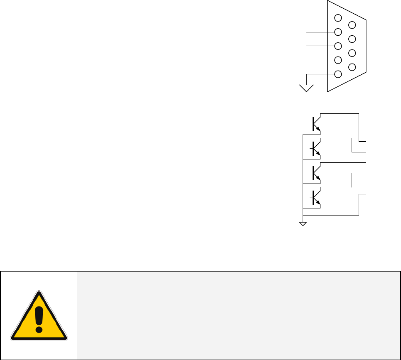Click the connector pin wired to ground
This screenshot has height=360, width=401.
coord(338,74)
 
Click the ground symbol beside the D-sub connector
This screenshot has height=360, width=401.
coord(306,88)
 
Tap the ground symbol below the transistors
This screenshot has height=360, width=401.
coord(303,224)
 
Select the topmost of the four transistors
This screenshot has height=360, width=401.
coord(315,124)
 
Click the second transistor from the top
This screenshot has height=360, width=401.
coord(315,148)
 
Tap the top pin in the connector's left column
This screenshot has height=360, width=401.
coord(338,18)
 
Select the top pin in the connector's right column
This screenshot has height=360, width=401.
coord(352,25)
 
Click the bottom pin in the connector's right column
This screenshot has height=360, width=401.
coord(352,67)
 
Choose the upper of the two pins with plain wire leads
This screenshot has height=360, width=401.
coord(338,32)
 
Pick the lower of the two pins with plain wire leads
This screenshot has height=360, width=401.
coord(338,46)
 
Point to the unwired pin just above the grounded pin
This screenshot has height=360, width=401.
coord(338,60)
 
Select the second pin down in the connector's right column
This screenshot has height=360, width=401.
coord(352,39)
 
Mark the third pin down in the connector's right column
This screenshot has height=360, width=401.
coord(352,53)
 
